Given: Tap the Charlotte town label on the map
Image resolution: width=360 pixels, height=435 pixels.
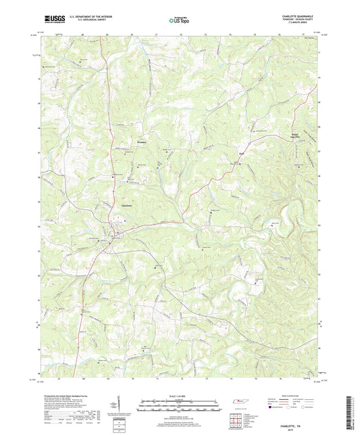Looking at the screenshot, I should pos(126,205).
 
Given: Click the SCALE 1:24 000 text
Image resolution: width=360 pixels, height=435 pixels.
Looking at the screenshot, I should pos(179,395).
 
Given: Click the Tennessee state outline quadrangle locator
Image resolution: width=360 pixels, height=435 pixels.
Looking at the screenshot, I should pos(240,403).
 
